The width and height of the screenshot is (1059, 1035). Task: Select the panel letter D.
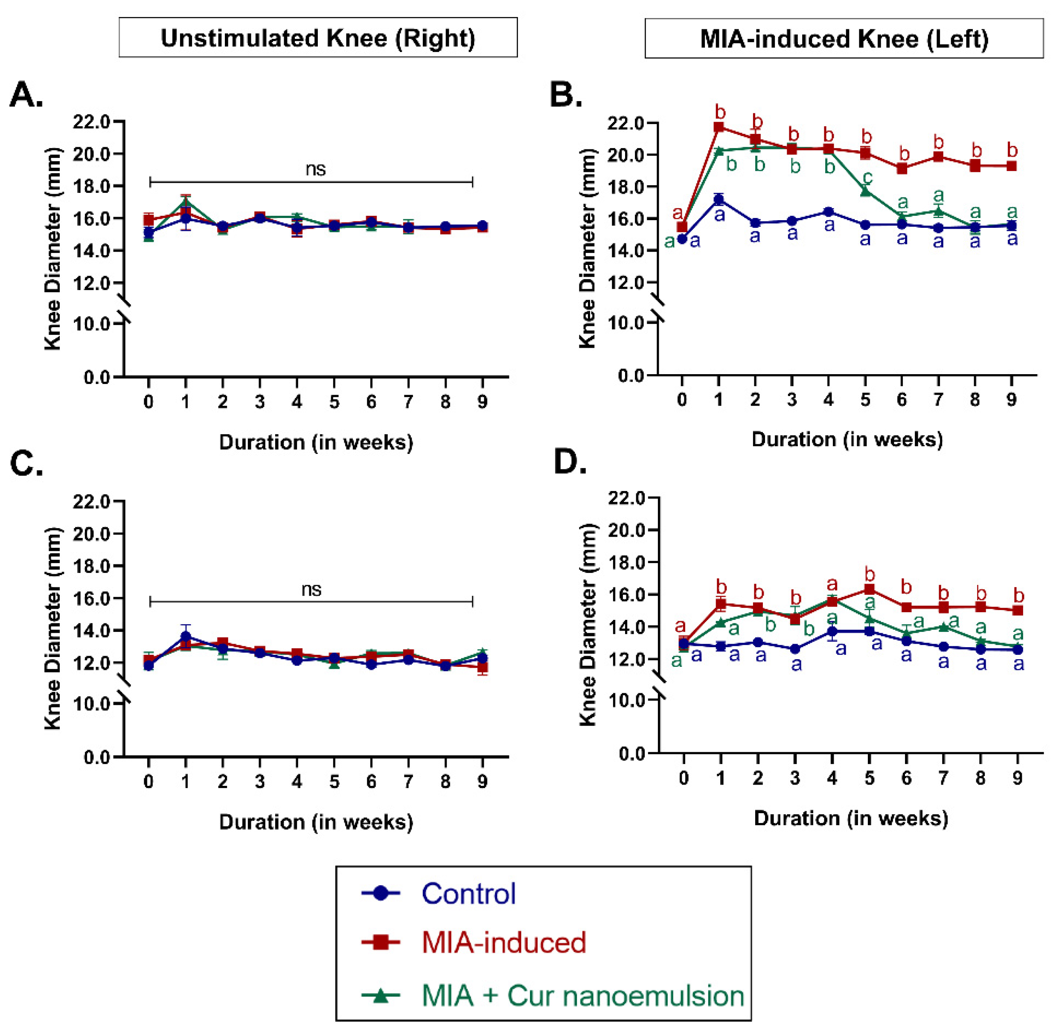(x=569, y=462)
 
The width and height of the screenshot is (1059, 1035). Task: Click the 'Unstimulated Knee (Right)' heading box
(x=318, y=38)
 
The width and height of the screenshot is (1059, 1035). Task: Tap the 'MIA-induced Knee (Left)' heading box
(x=843, y=38)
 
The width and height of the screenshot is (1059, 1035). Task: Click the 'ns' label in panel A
(x=315, y=169)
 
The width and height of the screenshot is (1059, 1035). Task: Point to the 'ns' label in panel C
(x=311, y=589)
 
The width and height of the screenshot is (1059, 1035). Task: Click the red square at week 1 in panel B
(x=719, y=127)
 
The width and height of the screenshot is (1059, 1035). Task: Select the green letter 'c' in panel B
(x=868, y=177)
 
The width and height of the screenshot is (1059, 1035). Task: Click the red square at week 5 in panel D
(x=869, y=589)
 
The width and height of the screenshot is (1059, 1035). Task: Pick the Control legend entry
(x=468, y=894)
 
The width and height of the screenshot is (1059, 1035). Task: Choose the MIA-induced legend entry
(x=503, y=942)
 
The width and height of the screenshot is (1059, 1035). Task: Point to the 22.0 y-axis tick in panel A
(x=91, y=122)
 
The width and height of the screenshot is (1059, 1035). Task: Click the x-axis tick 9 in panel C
(x=482, y=782)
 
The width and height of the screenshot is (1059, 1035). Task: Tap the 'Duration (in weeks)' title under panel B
(x=847, y=439)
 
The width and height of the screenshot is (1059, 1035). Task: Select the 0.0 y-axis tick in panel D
(x=631, y=754)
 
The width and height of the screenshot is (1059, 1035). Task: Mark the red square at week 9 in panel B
(x=1011, y=166)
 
